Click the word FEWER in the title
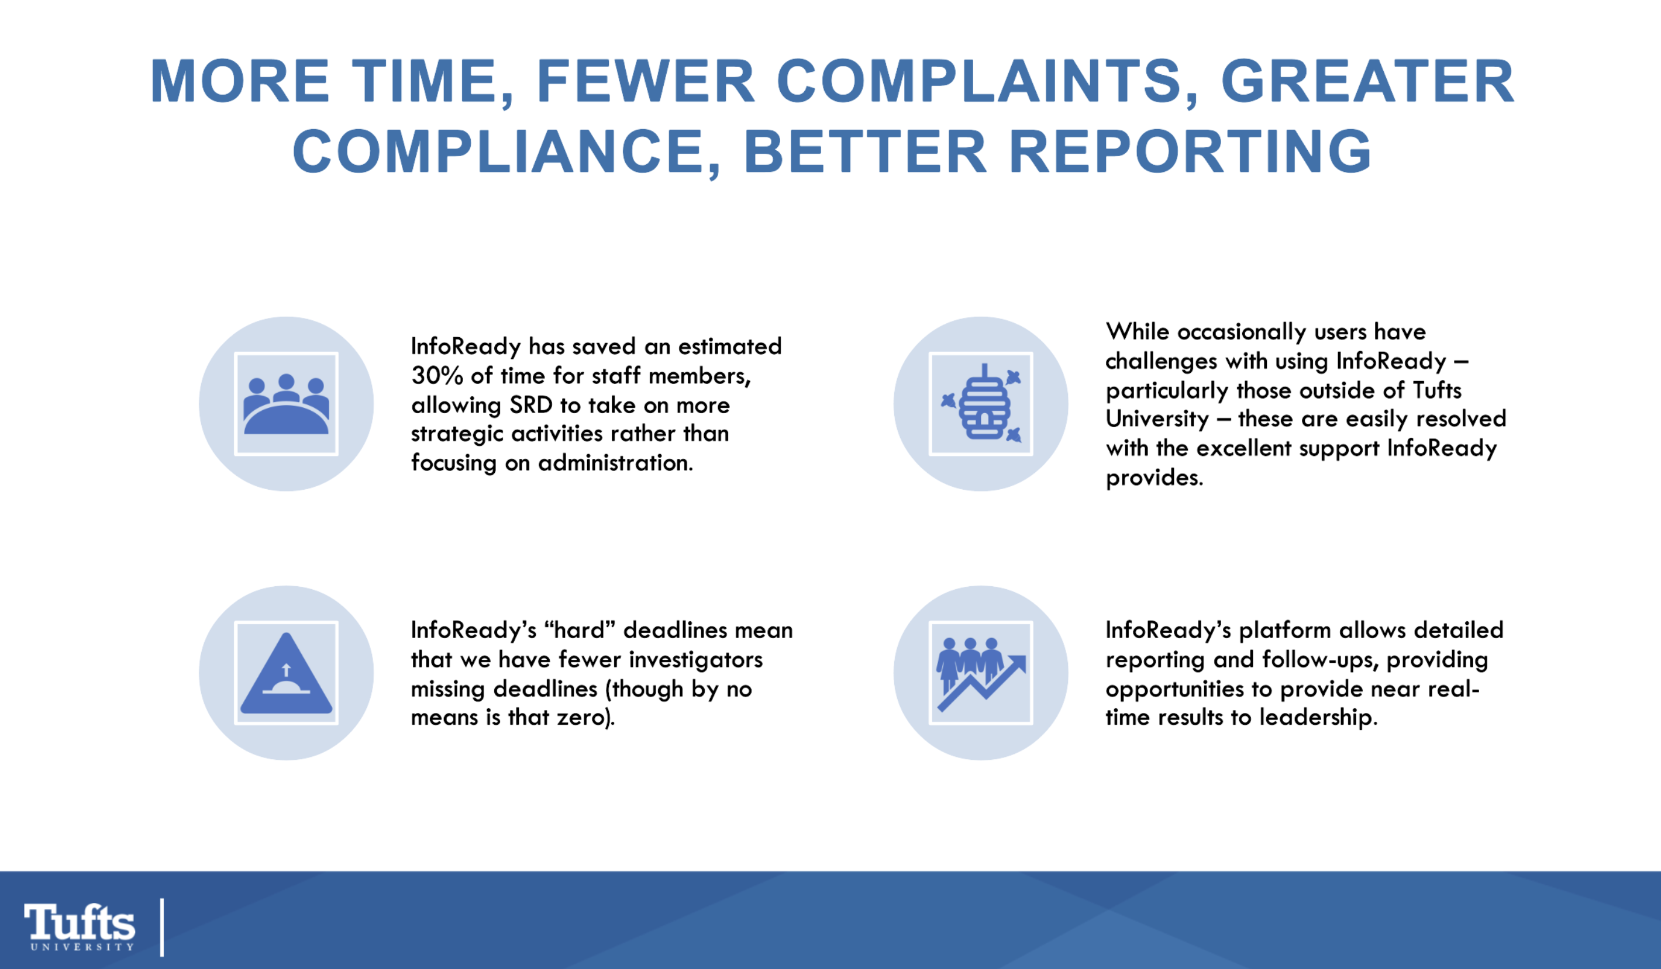[x=645, y=82]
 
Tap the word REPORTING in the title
[x=1190, y=151]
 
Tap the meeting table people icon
[x=286, y=404]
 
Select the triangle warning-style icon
[x=286, y=673]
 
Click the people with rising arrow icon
[x=981, y=673]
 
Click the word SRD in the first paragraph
[x=530, y=405]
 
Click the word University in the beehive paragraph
[x=1157, y=419]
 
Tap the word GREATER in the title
[x=1367, y=82]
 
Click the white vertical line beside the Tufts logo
[x=162, y=927]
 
